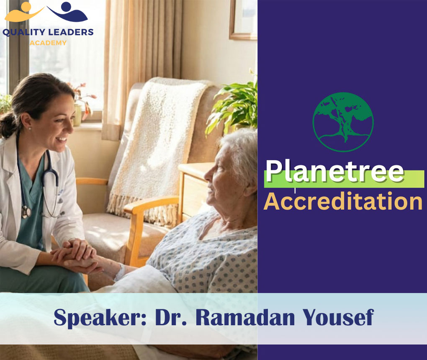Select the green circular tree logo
(x=343, y=122)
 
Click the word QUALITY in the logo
(x=25, y=32)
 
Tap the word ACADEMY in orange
(x=48, y=43)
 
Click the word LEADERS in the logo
(x=71, y=32)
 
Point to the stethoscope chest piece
(x=26, y=212)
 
